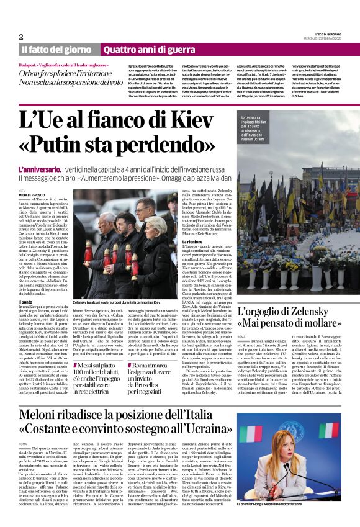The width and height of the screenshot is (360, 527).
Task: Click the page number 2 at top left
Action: pyautogui.click(x=21, y=37)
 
